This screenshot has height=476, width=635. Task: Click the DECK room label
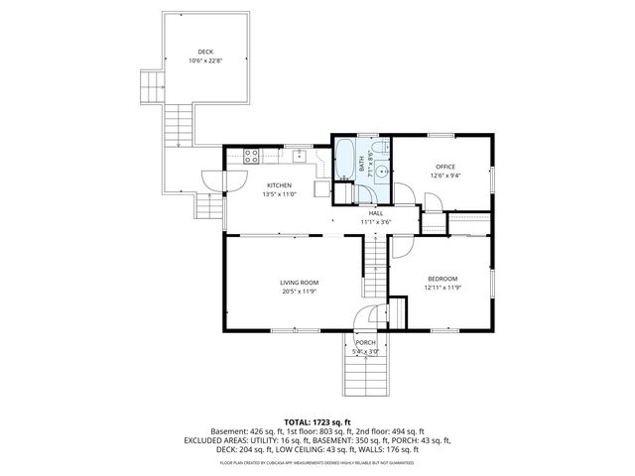204,53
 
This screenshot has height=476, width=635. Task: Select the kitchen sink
298,156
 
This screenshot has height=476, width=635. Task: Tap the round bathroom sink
381,170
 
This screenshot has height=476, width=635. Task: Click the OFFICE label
445,167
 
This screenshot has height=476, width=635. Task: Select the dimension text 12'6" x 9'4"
445,176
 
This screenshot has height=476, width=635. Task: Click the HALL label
376,213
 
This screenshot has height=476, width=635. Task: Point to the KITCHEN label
278,185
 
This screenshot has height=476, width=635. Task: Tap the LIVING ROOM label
298,283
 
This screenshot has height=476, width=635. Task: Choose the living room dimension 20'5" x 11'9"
298,292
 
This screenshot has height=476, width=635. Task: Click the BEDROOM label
443,279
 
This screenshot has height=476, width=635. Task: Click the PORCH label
365,342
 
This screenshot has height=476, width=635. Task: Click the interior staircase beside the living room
374,260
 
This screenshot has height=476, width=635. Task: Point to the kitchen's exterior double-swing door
214,180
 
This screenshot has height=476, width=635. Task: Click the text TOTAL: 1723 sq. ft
317,421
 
